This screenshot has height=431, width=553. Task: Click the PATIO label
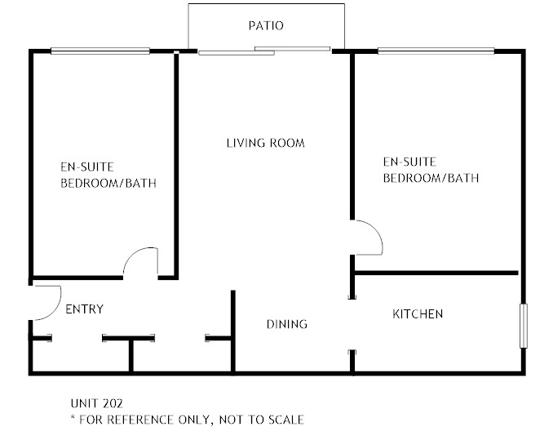tap(266, 26)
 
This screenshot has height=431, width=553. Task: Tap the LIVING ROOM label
tap(266, 143)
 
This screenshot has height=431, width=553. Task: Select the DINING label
tap(287, 324)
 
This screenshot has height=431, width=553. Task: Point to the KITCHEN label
tap(418, 313)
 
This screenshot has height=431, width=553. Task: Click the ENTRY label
tap(85, 309)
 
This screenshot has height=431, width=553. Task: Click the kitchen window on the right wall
tap(524, 326)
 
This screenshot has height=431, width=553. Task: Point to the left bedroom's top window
tap(100, 51)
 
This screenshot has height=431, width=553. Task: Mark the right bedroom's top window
tap(436, 51)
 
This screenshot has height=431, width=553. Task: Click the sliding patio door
tap(264, 51)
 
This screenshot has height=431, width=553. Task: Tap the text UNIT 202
tap(96, 403)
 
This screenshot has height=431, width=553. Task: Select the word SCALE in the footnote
tap(286, 420)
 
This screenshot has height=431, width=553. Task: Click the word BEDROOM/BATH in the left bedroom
tap(108, 183)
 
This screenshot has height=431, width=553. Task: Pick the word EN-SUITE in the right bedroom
tap(409, 162)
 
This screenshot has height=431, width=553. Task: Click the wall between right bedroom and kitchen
tap(436, 273)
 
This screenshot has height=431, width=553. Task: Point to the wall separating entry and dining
tap(232, 331)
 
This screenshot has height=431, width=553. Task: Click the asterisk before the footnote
tap(73, 418)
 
